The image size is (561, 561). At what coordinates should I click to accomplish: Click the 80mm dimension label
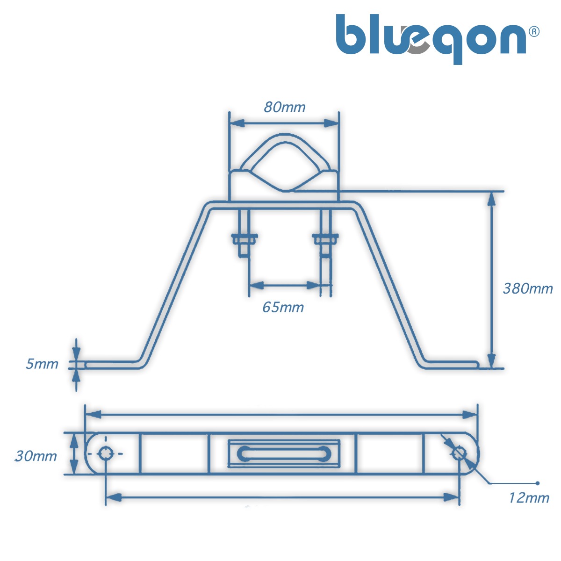tap(284, 107)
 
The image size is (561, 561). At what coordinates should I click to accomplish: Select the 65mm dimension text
tap(283, 307)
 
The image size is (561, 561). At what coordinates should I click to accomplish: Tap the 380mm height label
tap(527, 288)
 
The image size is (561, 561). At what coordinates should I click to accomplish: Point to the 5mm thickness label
tap(42, 364)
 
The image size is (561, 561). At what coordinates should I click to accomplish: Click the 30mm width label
tap(36, 455)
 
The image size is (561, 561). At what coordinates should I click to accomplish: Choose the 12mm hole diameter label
tap(529, 498)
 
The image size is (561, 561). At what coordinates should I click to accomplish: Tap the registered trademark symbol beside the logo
tap(534, 31)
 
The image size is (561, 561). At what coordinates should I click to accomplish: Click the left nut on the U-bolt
tap(244, 239)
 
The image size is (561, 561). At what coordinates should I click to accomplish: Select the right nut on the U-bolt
tap(325, 239)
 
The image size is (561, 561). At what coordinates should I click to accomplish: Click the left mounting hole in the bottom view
tap(106, 453)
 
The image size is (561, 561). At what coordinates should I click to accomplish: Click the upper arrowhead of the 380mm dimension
tap(491, 198)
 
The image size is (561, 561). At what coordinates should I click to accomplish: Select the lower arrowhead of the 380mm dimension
tap(491, 361)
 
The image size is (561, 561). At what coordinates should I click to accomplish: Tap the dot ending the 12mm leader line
tap(538, 483)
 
